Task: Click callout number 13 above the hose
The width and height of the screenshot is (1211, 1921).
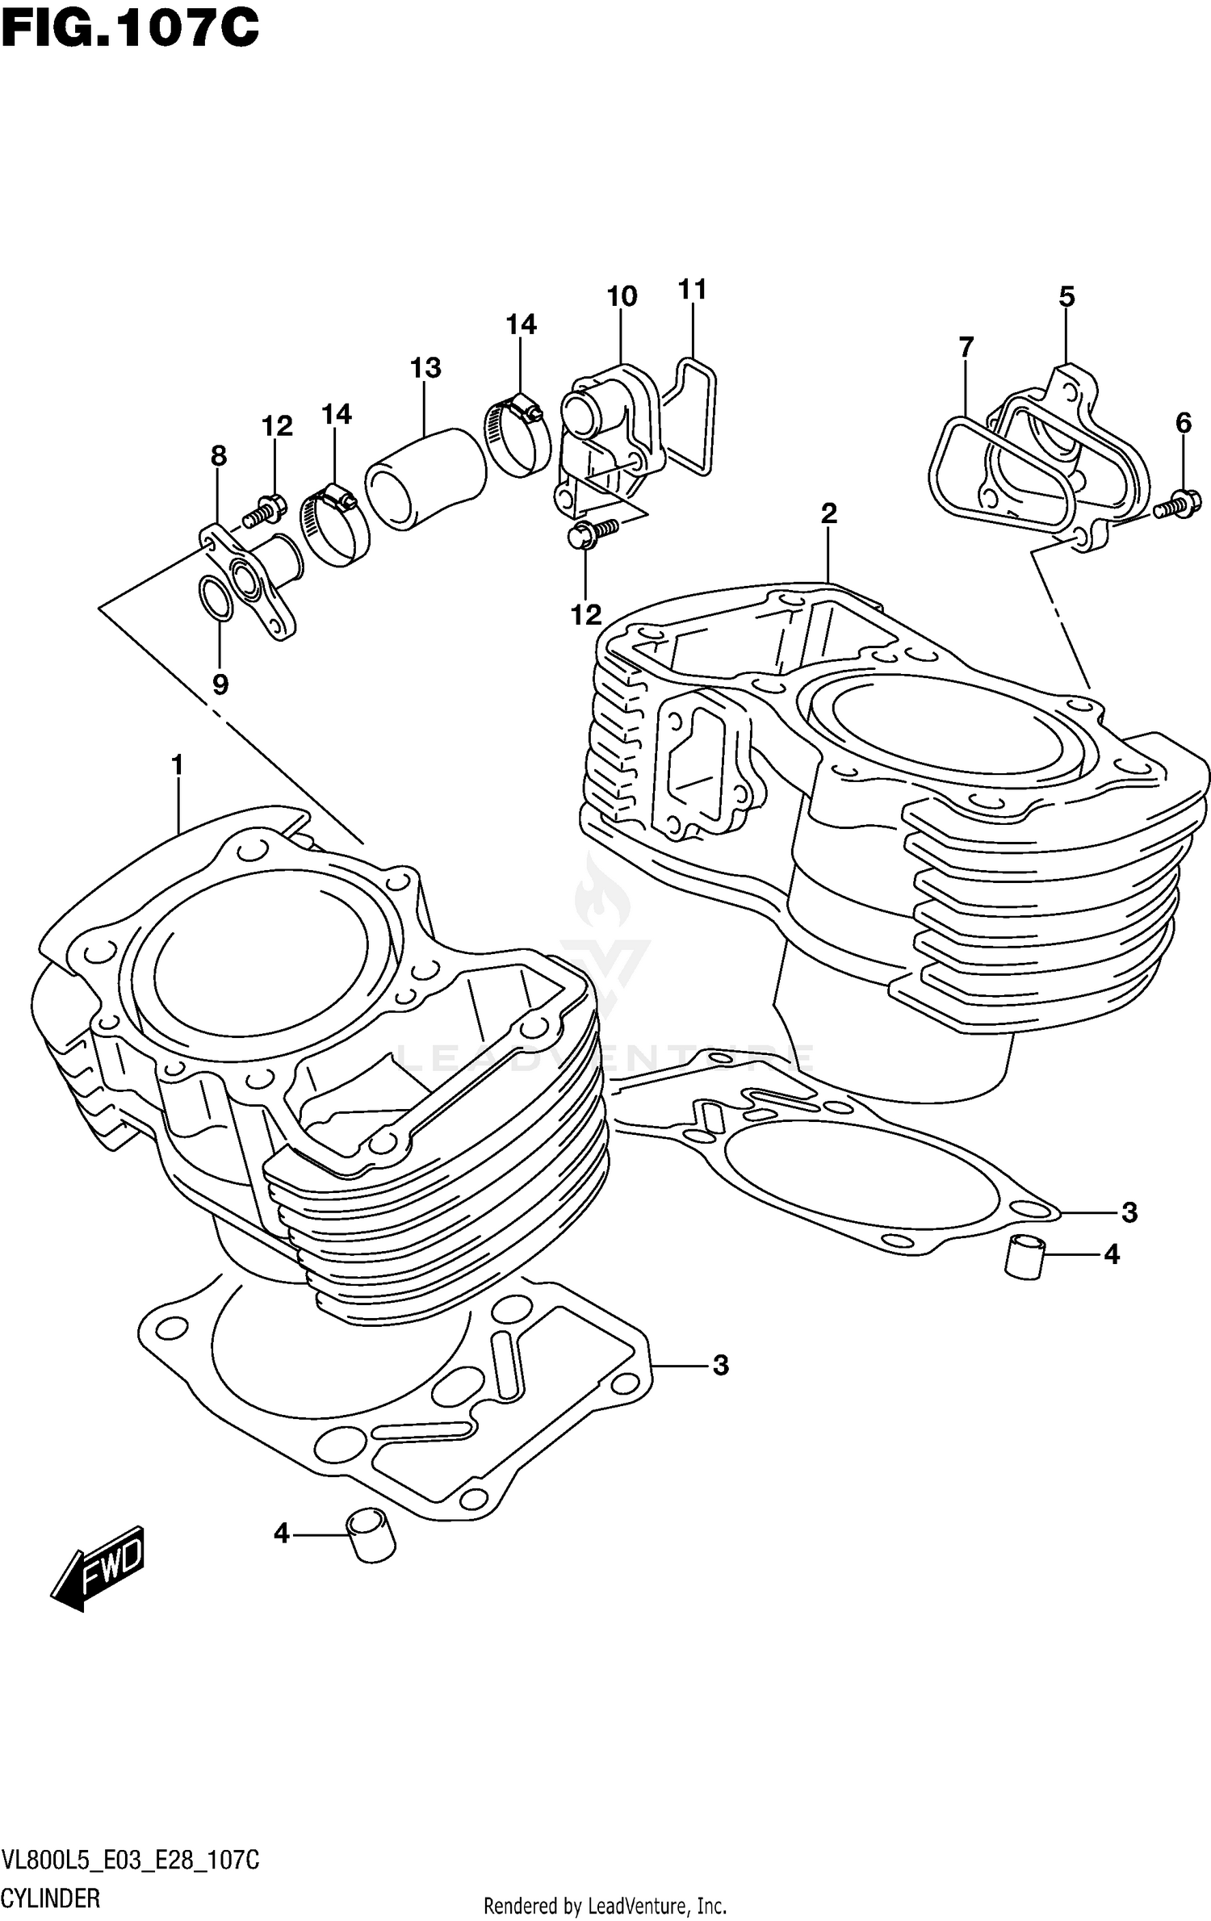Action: (425, 368)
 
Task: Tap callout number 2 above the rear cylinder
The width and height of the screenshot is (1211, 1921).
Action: (828, 513)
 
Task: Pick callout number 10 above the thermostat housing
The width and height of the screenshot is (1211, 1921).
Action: (622, 296)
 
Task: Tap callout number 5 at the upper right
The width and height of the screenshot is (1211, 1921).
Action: (1066, 296)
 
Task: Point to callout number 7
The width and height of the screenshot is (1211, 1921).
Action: (966, 347)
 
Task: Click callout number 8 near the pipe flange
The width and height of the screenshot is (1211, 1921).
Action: (218, 456)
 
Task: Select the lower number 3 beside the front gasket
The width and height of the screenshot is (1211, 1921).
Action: (720, 1365)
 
